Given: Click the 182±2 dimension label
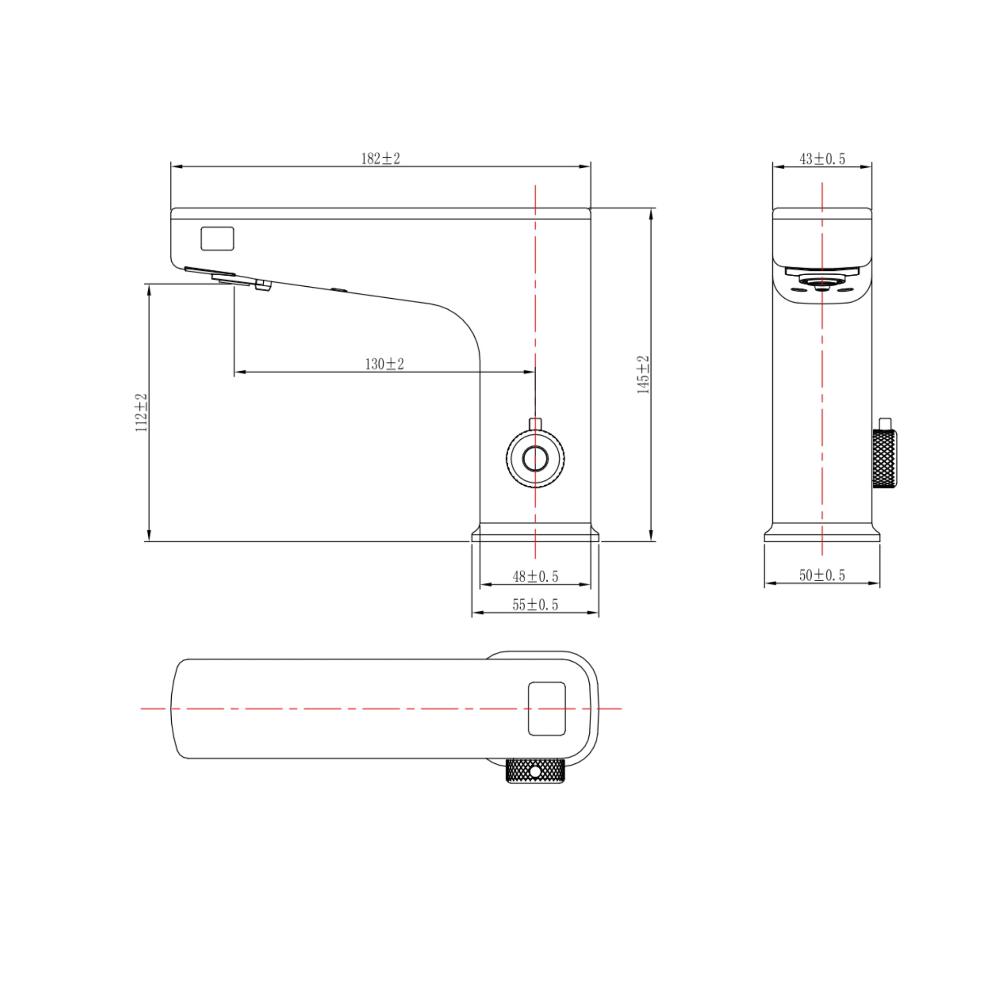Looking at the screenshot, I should click(x=380, y=159).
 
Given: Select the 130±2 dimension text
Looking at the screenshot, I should click(x=384, y=364).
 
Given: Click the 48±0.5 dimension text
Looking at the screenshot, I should click(x=535, y=576).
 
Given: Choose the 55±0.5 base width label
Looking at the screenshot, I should click(x=535, y=604).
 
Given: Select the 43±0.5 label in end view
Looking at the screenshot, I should click(x=822, y=159).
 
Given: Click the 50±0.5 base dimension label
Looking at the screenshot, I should click(x=822, y=575).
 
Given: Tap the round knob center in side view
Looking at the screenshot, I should click(x=535, y=458).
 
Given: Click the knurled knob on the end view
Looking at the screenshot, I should click(x=884, y=458).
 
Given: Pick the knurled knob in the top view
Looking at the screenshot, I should click(x=535, y=771).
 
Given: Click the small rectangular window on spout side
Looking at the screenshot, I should click(x=217, y=238).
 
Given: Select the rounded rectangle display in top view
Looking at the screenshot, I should click(x=547, y=709).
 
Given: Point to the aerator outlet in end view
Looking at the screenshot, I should click(x=822, y=281).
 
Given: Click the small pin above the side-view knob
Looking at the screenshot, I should click(x=535, y=424).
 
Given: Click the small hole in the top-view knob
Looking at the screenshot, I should click(x=535, y=772).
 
